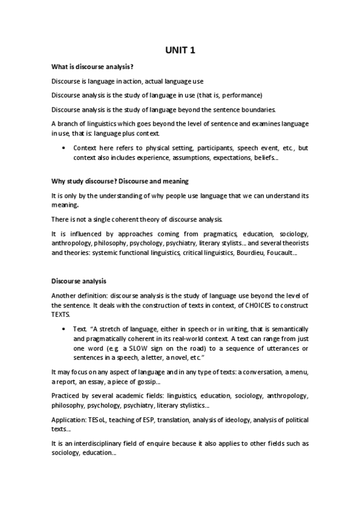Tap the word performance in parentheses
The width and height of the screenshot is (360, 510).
tap(240, 95)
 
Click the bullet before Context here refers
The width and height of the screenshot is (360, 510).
tap(64, 148)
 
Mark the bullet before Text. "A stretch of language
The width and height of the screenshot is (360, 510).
tap(64, 330)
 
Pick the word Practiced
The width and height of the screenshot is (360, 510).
tap(67, 396)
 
